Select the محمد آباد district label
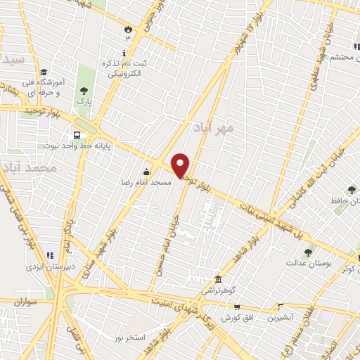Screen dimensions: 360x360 28,169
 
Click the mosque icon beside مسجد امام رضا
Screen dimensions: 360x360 146,172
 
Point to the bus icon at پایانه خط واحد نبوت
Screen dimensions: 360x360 76,136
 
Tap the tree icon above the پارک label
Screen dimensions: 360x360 84,90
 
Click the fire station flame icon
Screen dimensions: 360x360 128,29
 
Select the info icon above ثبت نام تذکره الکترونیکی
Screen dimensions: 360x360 124,53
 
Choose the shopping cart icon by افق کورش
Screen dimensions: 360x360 237,307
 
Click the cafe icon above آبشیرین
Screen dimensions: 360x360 281,307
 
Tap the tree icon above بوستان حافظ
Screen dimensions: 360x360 351,190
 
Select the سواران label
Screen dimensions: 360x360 24,302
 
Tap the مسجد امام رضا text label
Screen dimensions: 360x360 145,181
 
